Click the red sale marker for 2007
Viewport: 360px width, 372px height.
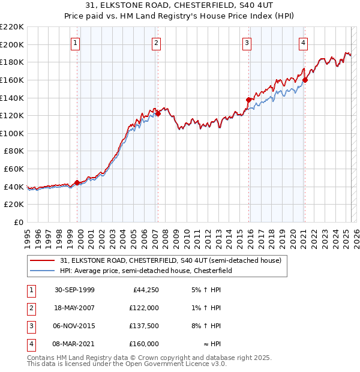158,113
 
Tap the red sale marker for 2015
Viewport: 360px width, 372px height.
248,100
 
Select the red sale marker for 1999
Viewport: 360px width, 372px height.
77,183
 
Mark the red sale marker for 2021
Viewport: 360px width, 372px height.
305,80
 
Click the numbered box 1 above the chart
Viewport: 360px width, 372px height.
75,43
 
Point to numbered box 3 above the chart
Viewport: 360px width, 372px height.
247,43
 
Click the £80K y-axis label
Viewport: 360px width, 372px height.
14,151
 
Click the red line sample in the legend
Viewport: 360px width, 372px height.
42,260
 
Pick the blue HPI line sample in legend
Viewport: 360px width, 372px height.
42,271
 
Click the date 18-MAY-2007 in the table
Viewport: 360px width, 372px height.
75,308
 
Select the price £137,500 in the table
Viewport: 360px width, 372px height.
144,326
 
